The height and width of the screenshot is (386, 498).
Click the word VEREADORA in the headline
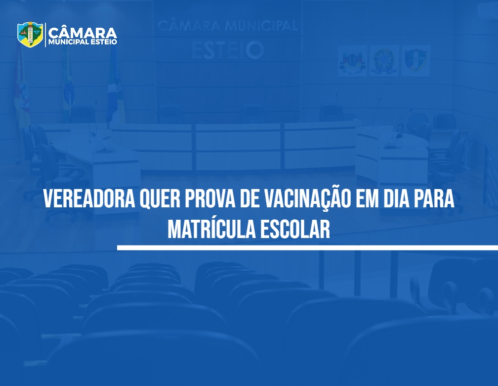pos(89,199)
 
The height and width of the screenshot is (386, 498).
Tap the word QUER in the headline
pos(160,199)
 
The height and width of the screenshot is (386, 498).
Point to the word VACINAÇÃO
pos(307,198)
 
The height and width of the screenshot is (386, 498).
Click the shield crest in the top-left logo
pos(30,34)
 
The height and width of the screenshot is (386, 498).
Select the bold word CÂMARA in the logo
pos(83,33)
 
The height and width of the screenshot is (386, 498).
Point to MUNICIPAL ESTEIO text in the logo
pos(83,42)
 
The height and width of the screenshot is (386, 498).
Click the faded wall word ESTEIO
pos(228,50)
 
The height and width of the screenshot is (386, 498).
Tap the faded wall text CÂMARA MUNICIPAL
pos(227,26)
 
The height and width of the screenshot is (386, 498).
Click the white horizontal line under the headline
pos(307,247)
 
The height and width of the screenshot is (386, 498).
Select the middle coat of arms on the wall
pos(384,61)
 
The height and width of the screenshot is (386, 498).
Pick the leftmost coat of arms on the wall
pos(352,61)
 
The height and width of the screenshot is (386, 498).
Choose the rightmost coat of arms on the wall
pos(416,61)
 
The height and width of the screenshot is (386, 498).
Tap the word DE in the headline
pos(249,199)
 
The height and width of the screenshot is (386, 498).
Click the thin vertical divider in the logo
pos(45,35)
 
